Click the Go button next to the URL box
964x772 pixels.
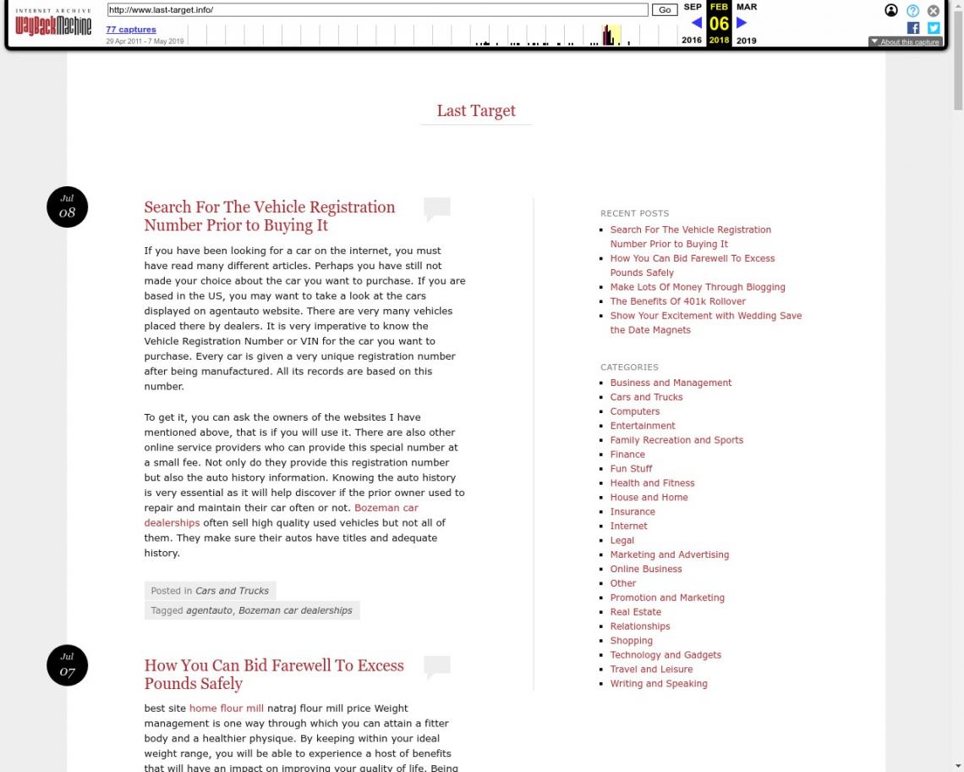pos(665,10)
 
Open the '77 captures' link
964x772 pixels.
pos(131,30)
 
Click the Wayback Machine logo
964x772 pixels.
pos(53,25)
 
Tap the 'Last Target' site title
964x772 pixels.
pos(476,111)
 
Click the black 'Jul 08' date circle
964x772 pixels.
pos(68,207)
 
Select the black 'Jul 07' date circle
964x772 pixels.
pos(68,665)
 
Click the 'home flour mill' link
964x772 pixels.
pos(227,709)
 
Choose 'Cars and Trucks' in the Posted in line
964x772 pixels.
pos(232,591)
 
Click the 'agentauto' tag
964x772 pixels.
pos(209,610)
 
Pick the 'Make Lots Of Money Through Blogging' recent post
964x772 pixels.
pos(698,287)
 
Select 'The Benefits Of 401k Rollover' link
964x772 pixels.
pos(678,301)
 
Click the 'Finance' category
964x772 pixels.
pos(627,455)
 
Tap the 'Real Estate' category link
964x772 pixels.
pos(636,612)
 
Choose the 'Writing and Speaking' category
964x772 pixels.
pos(659,684)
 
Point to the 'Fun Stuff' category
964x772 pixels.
pos(632,469)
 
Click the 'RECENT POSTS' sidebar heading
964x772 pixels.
pos(634,213)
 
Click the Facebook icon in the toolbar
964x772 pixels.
pos(913,28)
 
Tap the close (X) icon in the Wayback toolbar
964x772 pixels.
pos(934,11)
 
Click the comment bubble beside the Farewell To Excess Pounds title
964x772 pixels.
pos(437,667)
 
